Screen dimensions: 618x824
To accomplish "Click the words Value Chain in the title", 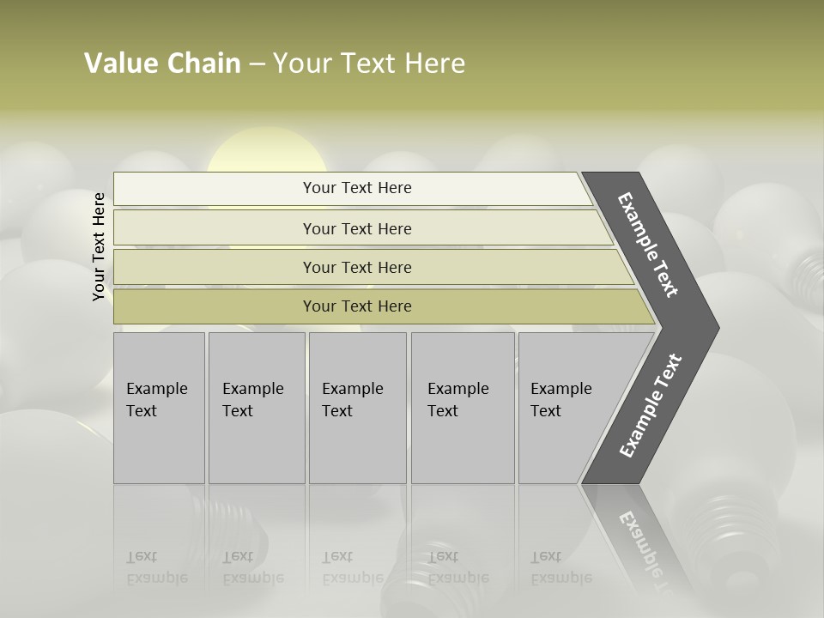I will pos(162,64).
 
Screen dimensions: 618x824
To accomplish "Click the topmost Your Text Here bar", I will pos(357,188).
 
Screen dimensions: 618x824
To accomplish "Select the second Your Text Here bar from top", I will pos(357,228).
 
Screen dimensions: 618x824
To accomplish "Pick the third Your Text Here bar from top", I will pos(357,267).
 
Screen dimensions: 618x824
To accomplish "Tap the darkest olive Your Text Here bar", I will pos(357,306).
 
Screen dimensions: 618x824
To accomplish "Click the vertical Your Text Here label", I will pos(99,246).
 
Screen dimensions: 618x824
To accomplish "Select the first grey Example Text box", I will pos(159,407).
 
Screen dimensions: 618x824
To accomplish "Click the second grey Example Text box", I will pos(256,407).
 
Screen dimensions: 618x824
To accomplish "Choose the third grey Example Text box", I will pos(357,407).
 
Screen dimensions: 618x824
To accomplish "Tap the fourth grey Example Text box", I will pos(462,407).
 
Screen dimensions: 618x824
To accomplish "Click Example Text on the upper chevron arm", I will pos(648,245).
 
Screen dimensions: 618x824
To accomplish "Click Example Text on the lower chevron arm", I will pos(651,406).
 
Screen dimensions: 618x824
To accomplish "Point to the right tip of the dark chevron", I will pos(717,328).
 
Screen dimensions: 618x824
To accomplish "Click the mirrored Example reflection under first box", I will pos(157,578).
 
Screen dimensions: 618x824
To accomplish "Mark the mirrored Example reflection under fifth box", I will pos(561,578).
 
